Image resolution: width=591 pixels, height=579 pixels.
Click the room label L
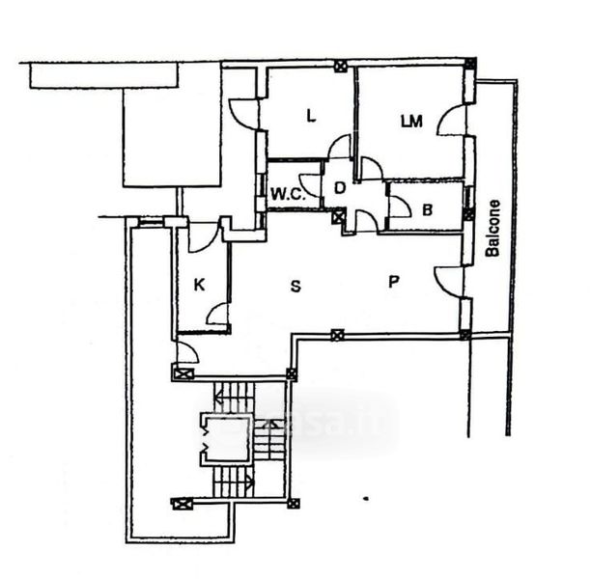click(310, 117)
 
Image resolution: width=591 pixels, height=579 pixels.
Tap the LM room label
click(412, 121)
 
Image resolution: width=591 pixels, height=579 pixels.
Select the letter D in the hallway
click(340, 187)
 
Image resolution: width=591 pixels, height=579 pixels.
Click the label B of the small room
click(427, 208)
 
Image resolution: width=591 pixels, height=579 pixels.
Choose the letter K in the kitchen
click(199, 285)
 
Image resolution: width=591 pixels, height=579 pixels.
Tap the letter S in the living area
click(296, 286)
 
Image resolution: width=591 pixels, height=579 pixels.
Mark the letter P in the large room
click(394, 282)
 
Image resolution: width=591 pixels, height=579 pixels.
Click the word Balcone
click(493, 228)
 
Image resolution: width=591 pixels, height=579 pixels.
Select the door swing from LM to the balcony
click(451, 121)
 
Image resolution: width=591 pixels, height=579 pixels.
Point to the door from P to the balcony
click(449, 280)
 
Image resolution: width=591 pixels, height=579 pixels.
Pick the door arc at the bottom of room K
click(217, 315)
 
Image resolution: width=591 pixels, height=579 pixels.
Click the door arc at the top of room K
click(202, 236)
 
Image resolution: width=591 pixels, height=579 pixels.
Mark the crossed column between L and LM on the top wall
click(340, 67)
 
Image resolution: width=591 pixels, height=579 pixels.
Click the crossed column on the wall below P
click(337, 336)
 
